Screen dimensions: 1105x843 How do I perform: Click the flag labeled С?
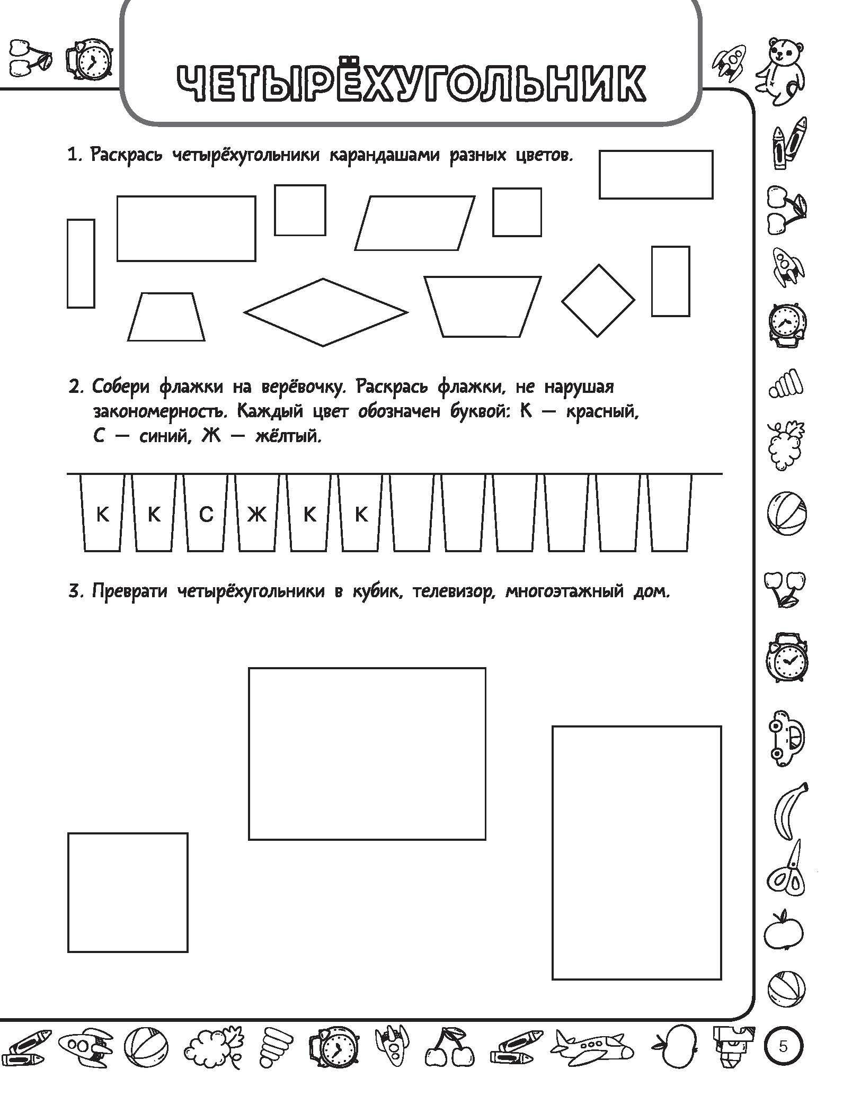[206, 514]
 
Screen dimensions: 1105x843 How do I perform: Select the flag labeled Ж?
[258, 514]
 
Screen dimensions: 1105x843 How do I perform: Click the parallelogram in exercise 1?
[414, 223]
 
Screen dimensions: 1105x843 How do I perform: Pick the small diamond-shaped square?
[598, 300]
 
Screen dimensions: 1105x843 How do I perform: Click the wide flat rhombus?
[325, 312]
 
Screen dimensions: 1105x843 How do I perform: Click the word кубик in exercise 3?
[375, 591]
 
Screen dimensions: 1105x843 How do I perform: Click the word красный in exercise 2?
[601, 411]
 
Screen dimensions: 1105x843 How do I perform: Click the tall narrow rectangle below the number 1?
[81, 263]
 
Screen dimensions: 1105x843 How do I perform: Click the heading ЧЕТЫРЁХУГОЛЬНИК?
[410, 83]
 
